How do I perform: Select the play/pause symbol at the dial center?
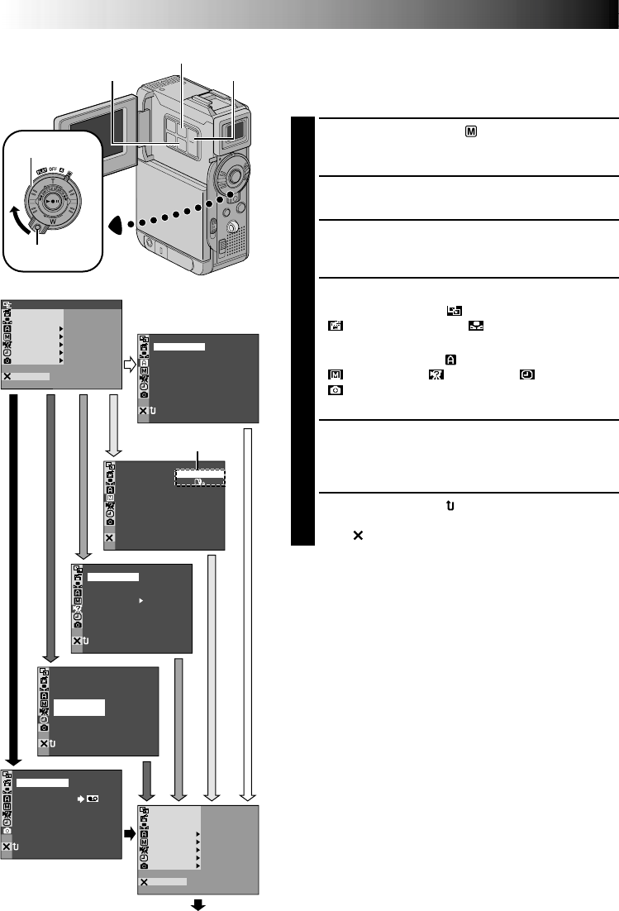pyautogui.click(x=53, y=200)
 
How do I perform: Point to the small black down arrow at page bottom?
pyautogui.click(x=198, y=904)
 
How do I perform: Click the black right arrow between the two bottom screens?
pyautogui.click(x=129, y=832)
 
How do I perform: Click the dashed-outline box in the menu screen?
pyautogui.click(x=199, y=478)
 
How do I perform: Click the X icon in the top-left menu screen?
pyautogui.click(x=7, y=376)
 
